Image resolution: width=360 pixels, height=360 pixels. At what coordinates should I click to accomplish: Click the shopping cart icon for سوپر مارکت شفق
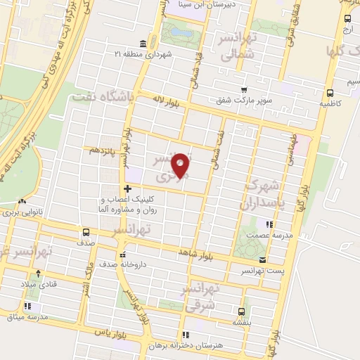coord(243,90)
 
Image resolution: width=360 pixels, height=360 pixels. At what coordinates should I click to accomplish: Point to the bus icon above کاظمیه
coord(330,92)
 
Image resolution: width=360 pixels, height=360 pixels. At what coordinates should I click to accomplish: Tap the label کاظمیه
coord(330,103)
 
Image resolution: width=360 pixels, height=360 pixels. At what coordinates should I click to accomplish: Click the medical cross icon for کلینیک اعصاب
coord(127,188)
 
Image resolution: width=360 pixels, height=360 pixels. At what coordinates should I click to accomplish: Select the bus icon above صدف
coord(86,232)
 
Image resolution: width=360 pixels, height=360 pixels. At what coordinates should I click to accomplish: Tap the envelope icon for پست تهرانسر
coord(262,260)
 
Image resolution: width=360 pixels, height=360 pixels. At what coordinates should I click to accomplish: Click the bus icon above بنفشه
coord(241,311)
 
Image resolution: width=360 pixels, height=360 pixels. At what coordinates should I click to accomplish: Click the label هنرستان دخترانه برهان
coord(185,346)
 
